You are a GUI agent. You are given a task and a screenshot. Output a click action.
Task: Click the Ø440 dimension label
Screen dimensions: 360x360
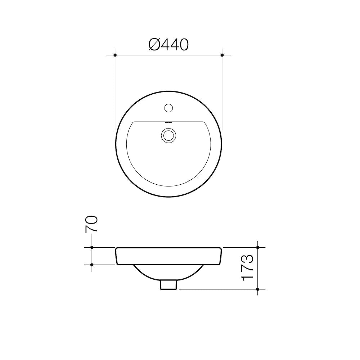(168, 45)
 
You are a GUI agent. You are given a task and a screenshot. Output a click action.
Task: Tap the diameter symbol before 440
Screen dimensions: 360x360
(154, 45)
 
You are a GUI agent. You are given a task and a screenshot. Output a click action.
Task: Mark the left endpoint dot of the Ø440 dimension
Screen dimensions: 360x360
(115, 55)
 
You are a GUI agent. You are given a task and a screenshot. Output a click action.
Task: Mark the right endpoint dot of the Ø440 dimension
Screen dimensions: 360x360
(222, 55)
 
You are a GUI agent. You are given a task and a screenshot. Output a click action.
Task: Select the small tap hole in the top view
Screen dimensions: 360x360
(168, 107)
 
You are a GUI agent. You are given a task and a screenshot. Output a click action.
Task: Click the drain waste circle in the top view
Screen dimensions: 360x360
(168, 135)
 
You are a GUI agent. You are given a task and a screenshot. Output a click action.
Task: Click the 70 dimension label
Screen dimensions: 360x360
(91, 224)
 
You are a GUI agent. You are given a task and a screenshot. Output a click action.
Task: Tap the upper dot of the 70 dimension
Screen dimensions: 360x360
(92, 247)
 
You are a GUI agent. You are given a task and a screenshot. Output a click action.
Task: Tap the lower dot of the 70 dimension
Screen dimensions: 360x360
(92, 265)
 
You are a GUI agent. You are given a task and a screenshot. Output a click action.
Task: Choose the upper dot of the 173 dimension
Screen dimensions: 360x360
(258, 247)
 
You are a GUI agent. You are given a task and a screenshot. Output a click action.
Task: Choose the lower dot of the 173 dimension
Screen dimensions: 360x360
(258, 289)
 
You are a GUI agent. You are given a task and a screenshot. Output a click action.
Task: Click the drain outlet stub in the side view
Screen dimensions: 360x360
(168, 285)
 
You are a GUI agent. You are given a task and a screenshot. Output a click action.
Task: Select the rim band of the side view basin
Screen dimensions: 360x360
(168, 256)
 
